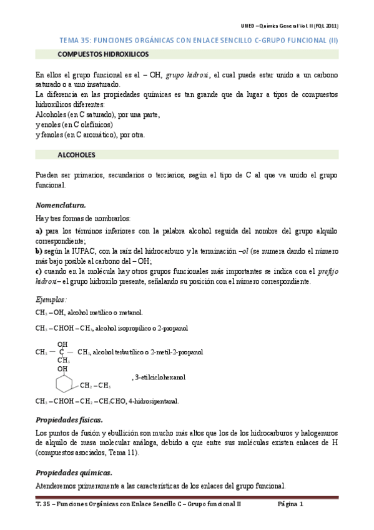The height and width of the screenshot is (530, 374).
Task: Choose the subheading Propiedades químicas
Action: (x=74, y=472)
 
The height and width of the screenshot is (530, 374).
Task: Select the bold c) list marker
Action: (x=39, y=271)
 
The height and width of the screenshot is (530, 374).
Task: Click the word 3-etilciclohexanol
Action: (x=160, y=377)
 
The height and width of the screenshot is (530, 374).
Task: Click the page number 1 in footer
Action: (x=301, y=504)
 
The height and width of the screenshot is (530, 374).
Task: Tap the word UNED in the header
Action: (x=249, y=26)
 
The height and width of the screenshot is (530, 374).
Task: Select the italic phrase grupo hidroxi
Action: (x=189, y=75)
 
